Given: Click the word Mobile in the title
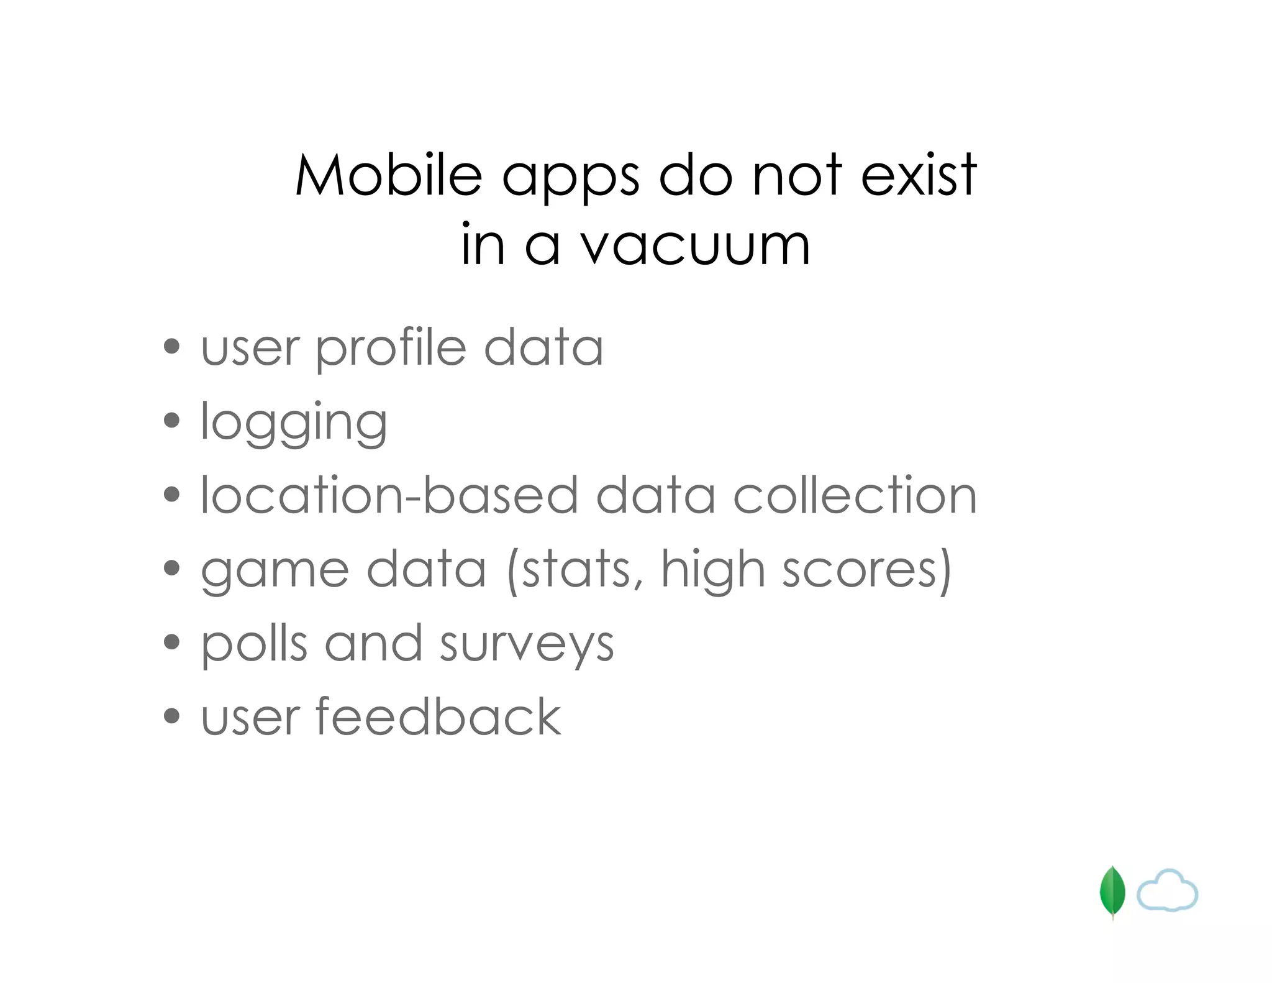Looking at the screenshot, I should point(389,175).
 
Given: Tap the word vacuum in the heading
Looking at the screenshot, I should point(696,246).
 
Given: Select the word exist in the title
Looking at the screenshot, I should point(919,175).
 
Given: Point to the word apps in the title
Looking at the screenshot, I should point(570,180).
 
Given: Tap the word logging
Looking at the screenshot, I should point(294,424).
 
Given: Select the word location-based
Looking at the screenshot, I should point(389,495).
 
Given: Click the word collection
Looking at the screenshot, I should point(855,495).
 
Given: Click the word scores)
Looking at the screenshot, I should point(867,570).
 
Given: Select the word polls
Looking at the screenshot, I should point(255,645).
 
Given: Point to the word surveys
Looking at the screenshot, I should point(527,646).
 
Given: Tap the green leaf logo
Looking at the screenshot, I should point(1112,892).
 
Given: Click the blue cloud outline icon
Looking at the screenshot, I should point(1167,891).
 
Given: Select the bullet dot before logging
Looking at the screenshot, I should point(171,421).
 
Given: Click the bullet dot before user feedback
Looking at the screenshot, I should point(171,716).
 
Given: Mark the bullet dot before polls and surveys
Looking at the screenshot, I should point(171,642).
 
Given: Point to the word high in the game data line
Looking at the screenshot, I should point(712,570).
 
